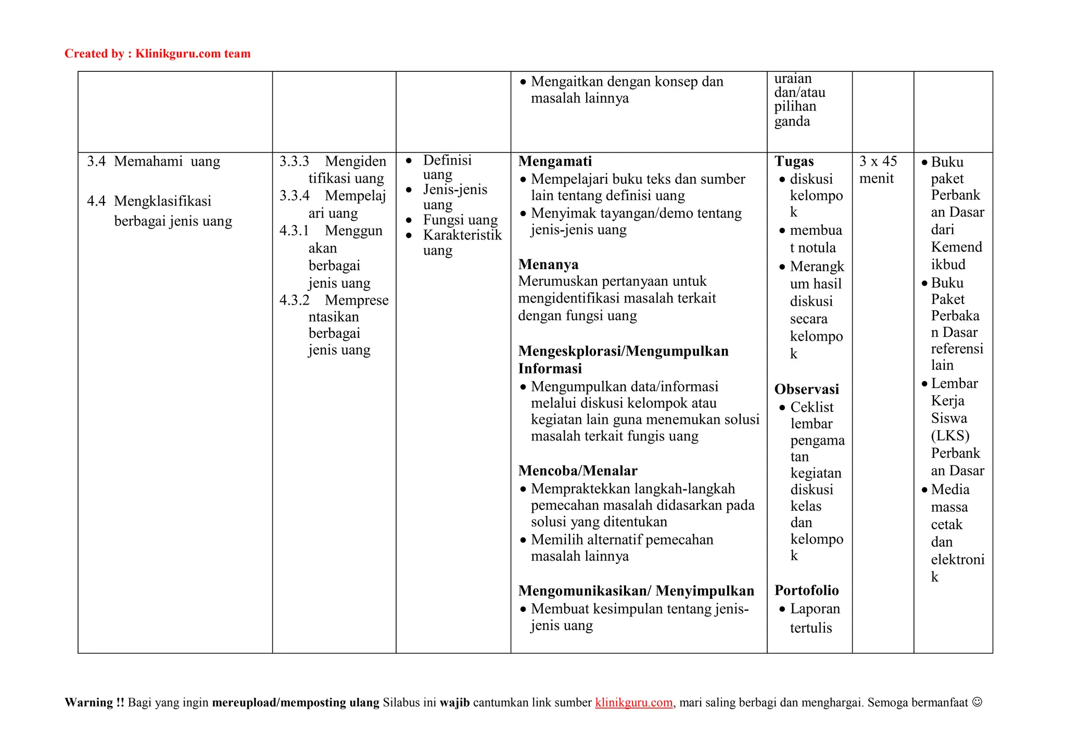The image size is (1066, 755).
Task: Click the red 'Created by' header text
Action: (157, 54)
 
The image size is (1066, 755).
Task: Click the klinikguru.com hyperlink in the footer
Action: (633, 702)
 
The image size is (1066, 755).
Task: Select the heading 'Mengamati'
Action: (555, 161)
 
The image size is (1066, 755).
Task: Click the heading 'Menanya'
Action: (548, 265)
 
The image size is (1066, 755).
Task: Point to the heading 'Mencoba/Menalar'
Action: (578, 471)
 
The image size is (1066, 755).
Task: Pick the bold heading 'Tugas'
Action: (794, 161)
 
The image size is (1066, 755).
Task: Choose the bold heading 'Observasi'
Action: (806, 389)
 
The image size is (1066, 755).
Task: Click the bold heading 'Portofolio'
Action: (806, 590)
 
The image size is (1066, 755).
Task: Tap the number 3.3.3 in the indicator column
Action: (294, 161)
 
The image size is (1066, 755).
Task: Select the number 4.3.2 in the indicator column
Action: (294, 300)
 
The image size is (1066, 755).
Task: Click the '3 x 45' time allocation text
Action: (878, 161)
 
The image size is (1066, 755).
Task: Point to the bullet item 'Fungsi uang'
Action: (460, 220)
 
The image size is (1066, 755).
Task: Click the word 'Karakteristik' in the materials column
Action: (462, 235)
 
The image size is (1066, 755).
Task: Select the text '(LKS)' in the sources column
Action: (950, 436)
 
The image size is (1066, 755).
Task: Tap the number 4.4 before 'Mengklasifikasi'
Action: (96, 201)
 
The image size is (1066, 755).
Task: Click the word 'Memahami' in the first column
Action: (148, 161)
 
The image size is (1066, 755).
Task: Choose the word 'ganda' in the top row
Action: (792, 122)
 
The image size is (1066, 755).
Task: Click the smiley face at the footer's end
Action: (977, 702)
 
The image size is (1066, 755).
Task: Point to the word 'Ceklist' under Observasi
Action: (811, 407)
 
